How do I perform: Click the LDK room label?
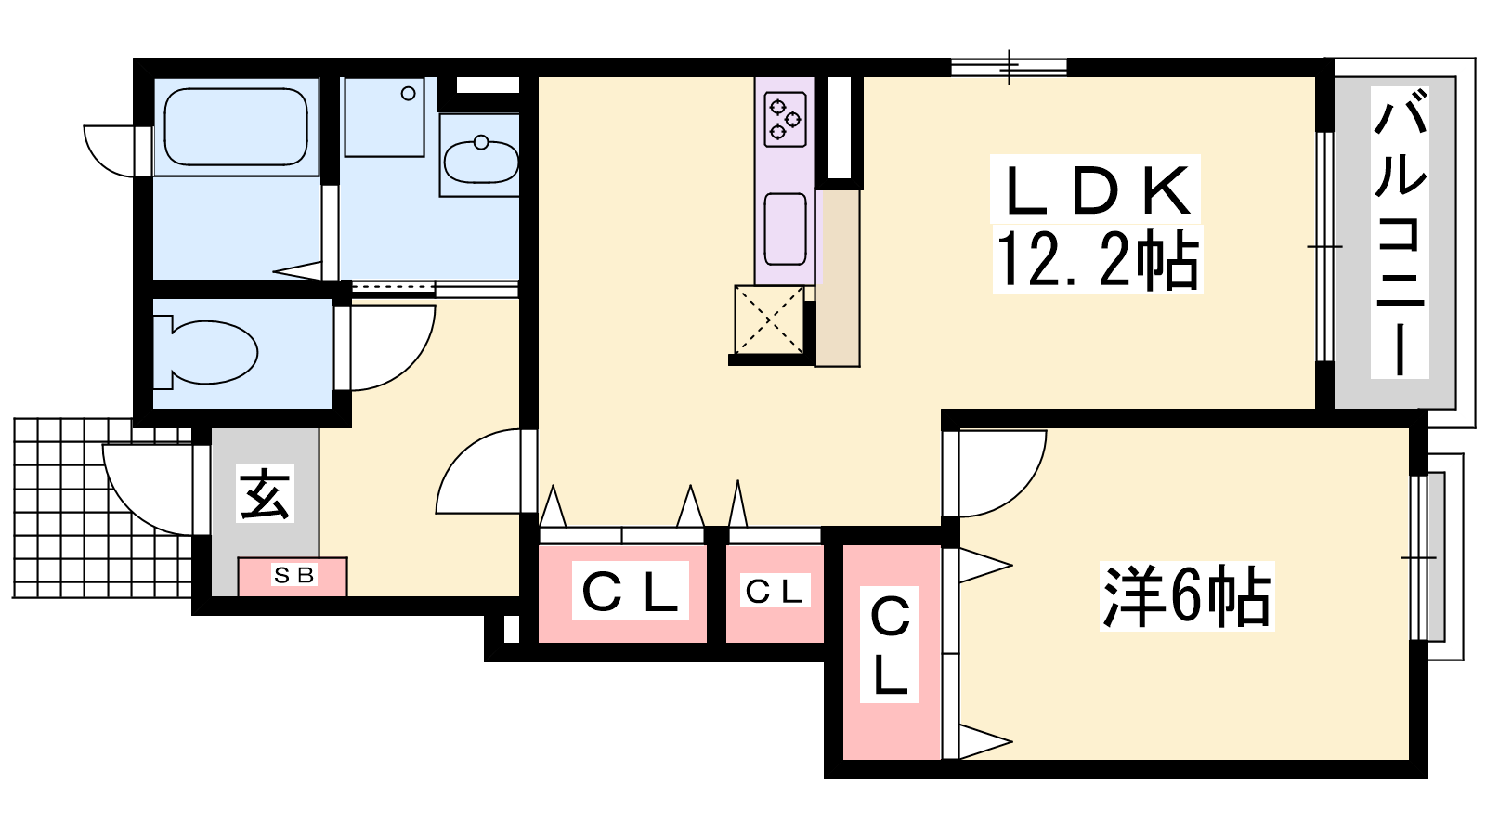(1095, 191)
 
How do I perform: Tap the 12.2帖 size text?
(1098, 260)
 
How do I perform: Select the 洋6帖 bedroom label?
(1186, 595)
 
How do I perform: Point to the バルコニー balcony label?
(1400, 233)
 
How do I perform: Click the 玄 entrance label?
(265, 493)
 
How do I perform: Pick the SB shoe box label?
(293, 575)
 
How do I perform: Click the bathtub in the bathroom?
(236, 126)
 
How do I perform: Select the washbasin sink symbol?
(481, 161)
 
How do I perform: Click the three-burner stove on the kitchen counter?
(785, 120)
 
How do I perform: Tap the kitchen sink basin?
(786, 229)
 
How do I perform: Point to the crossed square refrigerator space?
(770, 320)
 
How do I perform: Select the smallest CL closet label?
(775, 592)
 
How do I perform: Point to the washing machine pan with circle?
(385, 117)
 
